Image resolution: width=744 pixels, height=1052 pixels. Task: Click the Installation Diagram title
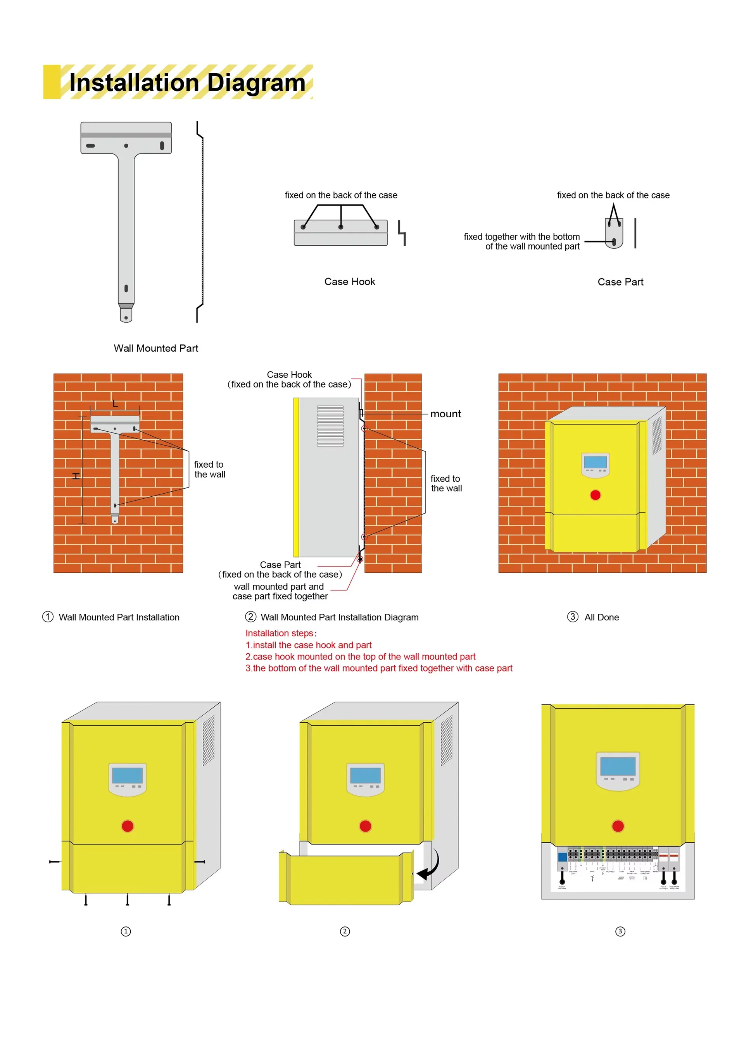tap(187, 83)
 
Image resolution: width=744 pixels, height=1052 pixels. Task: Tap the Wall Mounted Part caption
tap(156, 348)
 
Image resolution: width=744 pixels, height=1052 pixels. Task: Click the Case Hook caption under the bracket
tap(349, 282)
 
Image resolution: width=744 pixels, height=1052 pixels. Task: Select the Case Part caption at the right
tap(620, 282)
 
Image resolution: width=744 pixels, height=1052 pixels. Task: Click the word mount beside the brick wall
tap(445, 414)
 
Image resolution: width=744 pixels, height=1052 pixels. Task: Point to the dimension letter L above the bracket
tap(115, 404)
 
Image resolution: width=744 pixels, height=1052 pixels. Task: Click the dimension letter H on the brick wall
tap(76, 476)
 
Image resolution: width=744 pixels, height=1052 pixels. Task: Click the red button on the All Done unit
tap(595, 495)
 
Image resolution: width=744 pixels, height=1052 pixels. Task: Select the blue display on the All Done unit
tap(595, 462)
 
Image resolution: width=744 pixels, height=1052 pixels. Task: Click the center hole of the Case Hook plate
tap(341, 227)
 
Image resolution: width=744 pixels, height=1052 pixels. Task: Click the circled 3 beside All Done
tap(572, 617)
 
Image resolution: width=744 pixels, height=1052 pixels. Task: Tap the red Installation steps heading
tap(281, 633)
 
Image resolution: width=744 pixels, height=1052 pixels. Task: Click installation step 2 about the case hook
tap(360, 657)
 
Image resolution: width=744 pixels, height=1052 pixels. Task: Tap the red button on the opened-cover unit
tap(365, 826)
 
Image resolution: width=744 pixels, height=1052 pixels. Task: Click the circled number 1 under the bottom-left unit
tap(126, 931)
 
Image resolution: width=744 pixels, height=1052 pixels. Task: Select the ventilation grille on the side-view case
tap(330, 426)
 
